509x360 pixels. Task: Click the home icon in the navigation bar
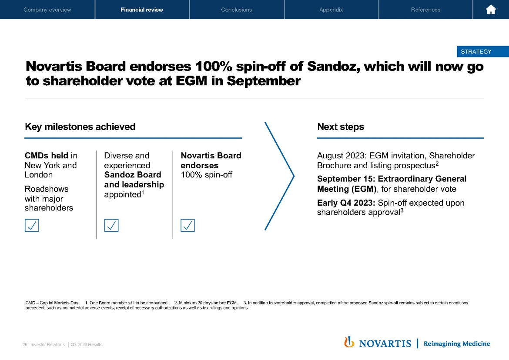pos(491,10)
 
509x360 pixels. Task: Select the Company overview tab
pos(47,10)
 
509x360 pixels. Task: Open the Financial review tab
pos(142,10)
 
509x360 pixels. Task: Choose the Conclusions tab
pos(237,10)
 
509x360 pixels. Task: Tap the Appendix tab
pos(331,10)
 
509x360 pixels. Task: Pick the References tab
pos(425,10)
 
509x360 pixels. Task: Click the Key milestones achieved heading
pos(80,127)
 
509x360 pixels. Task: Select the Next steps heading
pos(341,127)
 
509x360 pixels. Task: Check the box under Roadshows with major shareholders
pos(32,225)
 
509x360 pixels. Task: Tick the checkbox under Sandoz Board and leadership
pos(111,225)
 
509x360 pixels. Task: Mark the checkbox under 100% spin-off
pos(188,225)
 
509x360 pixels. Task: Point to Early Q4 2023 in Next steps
pos(346,203)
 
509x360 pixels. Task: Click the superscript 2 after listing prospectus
pos(437,164)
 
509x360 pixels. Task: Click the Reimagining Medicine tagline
pos(457,344)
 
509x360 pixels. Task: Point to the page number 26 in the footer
pos(25,345)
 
